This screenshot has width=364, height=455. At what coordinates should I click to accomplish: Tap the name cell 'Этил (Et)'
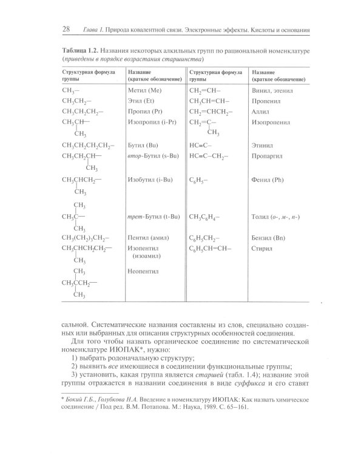click(x=142, y=101)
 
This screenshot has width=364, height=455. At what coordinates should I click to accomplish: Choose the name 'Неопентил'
click(x=143, y=271)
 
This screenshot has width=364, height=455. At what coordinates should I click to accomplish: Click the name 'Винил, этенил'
click(x=271, y=90)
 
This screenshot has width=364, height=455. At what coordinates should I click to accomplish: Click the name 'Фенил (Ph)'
click(x=268, y=180)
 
